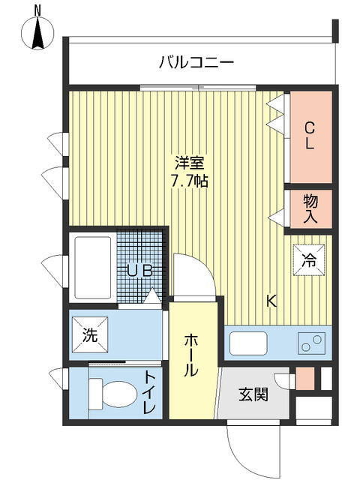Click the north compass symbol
click(x=37, y=32)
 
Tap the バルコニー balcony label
click(x=196, y=63)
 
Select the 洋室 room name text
click(x=190, y=163)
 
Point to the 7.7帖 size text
click(x=190, y=181)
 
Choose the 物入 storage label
click(x=310, y=209)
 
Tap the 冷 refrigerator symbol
click(x=309, y=260)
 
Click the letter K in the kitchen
click(x=271, y=301)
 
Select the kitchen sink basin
click(x=248, y=343)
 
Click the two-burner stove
click(x=311, y=343)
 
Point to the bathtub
click(x=93, y=267)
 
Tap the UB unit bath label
click(x=139, y=271)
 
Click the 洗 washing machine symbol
click(x=90, y=335)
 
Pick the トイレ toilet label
click(x=150, y=392)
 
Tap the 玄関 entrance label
click(x=253, y=394)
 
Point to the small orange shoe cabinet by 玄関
click(x=305, y=378)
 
